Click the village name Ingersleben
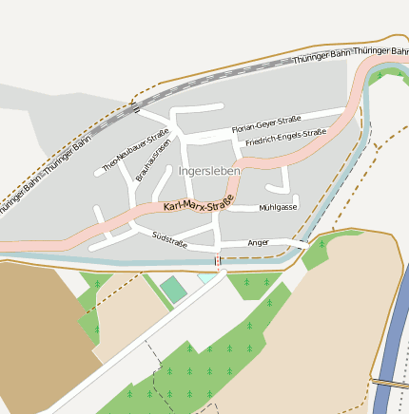tap(209, 170)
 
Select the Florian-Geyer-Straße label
tap(266, 124)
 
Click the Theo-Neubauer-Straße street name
tap(135, 150)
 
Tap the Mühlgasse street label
tap(278, 207)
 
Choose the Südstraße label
tap(168, 238)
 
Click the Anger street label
tap(258, 243)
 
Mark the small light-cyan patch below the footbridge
tap(206, 278)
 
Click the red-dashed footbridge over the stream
tap(219, 259)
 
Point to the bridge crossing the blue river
tap(390, 383)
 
